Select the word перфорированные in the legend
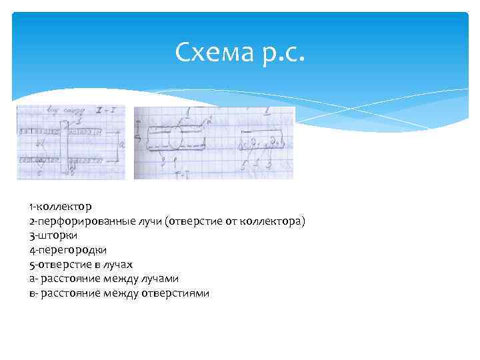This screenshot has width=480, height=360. pyautogui.click(x=81, y=221)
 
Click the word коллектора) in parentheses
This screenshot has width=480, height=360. pyautogui.click(x=276, y=221)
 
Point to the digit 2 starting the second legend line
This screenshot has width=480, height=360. pyautogui.click(x=31, y=221)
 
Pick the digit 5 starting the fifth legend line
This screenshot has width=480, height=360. pyautogui.click(x=31, y=264)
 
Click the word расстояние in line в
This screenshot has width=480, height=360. pyautogui.click(x=70, y=293)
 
